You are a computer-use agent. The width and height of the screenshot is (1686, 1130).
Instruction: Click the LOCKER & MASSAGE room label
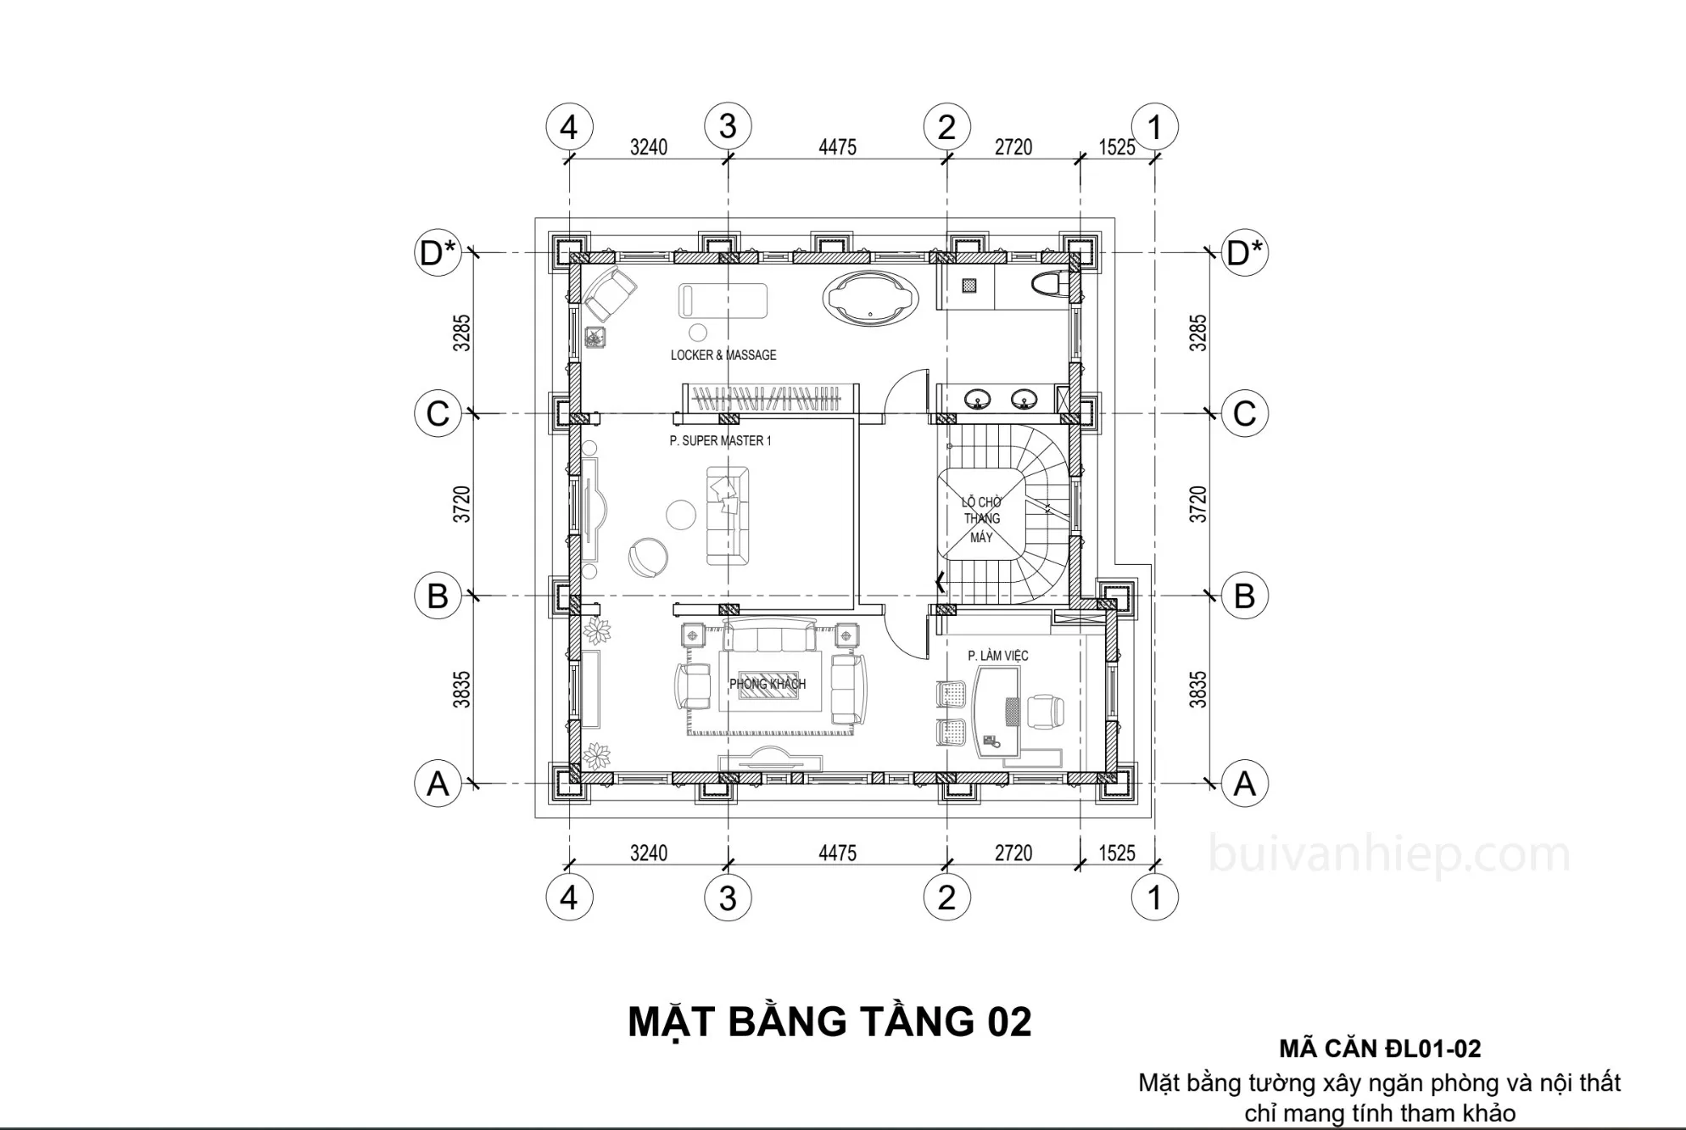tap(723, 355)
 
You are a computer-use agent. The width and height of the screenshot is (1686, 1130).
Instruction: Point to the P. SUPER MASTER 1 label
tap(720, 440)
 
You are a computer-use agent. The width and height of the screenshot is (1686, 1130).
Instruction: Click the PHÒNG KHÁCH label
tap(768, 684)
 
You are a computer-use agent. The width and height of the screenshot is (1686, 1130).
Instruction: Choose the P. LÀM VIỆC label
tap(998, 656)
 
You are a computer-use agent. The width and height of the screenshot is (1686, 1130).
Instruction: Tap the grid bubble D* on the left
tap(438, 252)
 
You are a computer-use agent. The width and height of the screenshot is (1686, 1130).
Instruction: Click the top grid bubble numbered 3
tap(728, 126)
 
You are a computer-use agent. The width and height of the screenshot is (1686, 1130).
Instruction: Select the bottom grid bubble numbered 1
tap(1154, 897)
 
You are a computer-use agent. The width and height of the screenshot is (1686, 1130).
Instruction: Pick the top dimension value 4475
tap(837, 147)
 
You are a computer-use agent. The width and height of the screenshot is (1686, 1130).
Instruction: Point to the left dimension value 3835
tap(461, 690)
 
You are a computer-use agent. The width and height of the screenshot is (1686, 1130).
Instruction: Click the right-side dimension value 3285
tap(1198, 333)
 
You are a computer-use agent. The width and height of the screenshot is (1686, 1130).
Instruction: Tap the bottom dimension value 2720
tap(1013, 853)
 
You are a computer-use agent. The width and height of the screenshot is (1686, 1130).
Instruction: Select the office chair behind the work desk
tap(1046, 711)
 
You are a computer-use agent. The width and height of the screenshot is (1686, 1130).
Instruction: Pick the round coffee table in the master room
tap(681, 514)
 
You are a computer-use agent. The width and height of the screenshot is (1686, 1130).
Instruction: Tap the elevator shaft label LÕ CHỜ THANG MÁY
tap(981, 519)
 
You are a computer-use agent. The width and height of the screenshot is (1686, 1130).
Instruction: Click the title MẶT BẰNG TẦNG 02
tap(829, 1021)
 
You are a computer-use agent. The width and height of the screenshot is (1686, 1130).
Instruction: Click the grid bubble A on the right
tap(1244, 783)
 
